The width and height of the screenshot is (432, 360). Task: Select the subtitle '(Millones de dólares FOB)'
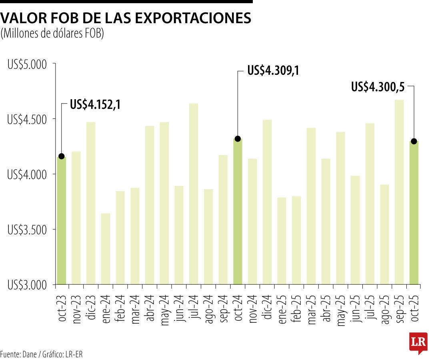point(52,34)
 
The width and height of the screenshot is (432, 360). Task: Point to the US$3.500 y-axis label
point(27,230)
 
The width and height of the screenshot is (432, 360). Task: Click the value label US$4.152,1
point(95,105)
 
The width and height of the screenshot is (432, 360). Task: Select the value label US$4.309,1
point(273,71)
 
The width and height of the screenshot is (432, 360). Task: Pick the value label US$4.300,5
point(378,87)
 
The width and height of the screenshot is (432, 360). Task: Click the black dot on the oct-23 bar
point(61,156)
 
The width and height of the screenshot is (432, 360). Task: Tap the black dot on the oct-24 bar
point(238,139)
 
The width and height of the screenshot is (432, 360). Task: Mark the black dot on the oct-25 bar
point(414,141)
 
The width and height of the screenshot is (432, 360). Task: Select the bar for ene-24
point(106,249)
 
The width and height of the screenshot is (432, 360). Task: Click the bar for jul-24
point(194,194)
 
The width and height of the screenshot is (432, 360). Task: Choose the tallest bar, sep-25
point(399,192)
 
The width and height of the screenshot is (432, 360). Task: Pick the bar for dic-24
point(267,202)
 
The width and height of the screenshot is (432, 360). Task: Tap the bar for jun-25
point(355,230)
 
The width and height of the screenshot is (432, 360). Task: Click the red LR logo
point(418,342)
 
